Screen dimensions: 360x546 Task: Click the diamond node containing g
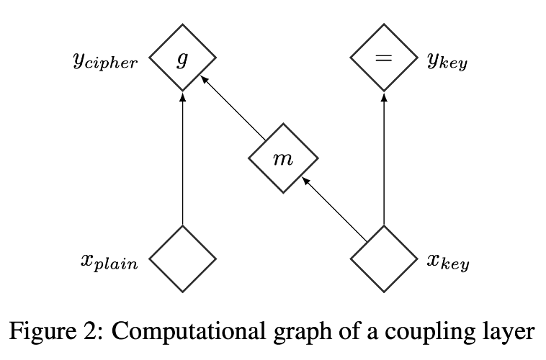(182, 58)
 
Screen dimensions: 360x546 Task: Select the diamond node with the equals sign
(383, 58)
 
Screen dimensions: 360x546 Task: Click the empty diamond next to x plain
(182, 258)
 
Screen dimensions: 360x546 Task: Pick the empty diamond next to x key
(383, 258)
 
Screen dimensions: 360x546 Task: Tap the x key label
(447, 262)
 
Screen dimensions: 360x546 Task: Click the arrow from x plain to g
(182, 158)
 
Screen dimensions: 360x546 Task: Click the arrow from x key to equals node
(383, 158)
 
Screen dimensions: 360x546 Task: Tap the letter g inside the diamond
(182, 59)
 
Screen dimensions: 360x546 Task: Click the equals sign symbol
(383, 58)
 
